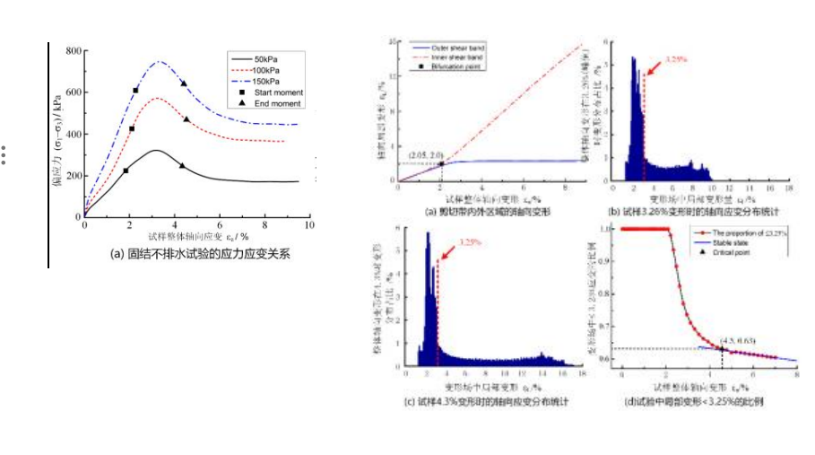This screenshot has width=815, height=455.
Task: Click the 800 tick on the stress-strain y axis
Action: pos(72,50)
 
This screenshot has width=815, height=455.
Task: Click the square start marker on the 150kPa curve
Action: pos(135,91)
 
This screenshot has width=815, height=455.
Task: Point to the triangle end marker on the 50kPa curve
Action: pos(182,165)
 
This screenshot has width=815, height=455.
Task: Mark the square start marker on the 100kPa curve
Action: pos(132,128)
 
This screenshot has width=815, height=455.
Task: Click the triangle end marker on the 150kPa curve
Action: pos(183,83)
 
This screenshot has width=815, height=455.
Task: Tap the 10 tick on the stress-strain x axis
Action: pos(309,226)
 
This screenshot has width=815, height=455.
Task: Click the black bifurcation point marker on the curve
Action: pos(441,163)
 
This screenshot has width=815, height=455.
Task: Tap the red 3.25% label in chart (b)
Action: pos(676,58)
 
